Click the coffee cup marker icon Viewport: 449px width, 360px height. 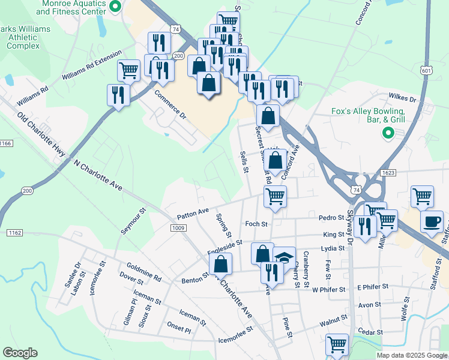(432, 221)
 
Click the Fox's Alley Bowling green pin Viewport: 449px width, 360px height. (388, 133)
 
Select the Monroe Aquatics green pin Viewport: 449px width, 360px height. (117, 7)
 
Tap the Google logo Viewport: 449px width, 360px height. (20, 353)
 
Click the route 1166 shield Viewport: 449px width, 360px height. (6, 143)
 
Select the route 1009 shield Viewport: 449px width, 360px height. (178, 227)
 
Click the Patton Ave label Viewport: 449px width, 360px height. (192, 214)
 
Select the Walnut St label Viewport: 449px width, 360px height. (333, 322)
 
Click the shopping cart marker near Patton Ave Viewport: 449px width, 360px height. (275, 196)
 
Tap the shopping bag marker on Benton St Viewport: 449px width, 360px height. (221, 263)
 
